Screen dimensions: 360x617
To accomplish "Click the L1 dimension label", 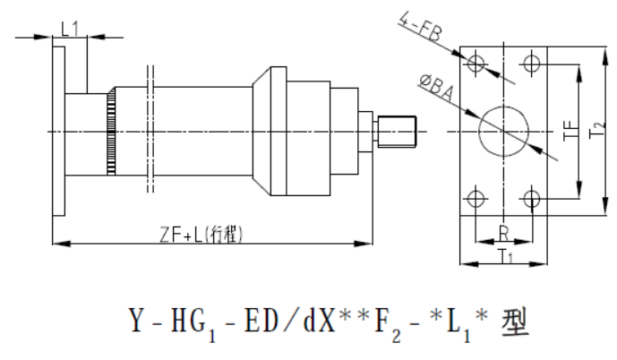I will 71,28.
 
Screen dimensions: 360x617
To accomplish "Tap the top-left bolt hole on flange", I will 476,63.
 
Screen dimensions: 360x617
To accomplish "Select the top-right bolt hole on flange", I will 534,63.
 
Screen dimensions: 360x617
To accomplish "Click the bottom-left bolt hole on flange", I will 476,197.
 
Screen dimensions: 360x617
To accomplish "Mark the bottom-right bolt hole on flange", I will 534,197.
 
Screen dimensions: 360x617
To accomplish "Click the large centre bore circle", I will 504,131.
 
